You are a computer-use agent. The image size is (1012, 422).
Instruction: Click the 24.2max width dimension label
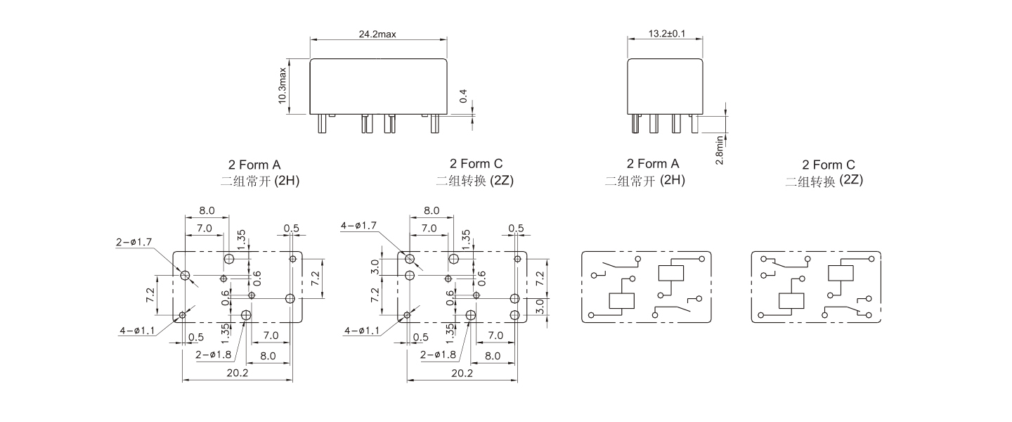coord(378,34)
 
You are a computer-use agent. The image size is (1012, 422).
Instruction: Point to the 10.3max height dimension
coord(283,86)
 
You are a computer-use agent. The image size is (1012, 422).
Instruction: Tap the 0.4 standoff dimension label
coord(463,96)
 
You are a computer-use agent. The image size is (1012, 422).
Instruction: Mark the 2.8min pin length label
coord(720,150)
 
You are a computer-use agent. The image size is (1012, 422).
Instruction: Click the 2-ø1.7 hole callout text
coord(134,243)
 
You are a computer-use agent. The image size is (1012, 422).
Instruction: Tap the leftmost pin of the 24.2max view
coord(321,124)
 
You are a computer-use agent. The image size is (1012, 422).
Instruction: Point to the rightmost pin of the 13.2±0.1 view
coord(694,124)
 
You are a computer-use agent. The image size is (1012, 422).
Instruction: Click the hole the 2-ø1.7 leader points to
coord(186,276)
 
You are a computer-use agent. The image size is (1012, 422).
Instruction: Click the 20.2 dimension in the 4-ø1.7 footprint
coord(462,373)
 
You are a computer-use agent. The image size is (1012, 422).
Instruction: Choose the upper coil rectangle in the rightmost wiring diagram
coord(842,273)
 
